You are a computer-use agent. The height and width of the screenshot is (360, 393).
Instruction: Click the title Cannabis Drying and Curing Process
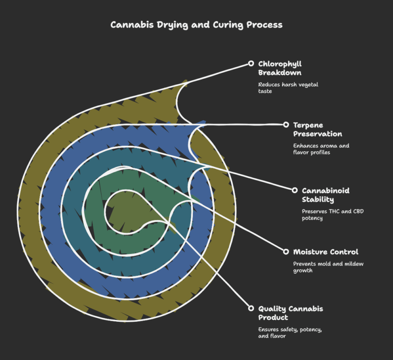(196, 25)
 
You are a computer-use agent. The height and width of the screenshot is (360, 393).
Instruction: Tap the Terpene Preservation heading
(317, 129)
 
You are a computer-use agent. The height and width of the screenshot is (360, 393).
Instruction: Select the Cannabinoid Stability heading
(326, 195)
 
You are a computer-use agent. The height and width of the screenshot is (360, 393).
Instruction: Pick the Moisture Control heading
(326, 252)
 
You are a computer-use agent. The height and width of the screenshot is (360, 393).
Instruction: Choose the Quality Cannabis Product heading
(290, 313)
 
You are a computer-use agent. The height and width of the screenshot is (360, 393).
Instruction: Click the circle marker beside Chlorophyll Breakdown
(251, 63)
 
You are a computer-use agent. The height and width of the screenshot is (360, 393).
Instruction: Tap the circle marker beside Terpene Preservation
(286, 125)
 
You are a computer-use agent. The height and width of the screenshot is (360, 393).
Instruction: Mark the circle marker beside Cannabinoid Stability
(295, 190)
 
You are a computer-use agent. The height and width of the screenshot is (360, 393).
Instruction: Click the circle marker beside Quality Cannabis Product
(251, 308)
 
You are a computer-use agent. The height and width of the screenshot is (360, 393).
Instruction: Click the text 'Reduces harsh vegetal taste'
(288, 88)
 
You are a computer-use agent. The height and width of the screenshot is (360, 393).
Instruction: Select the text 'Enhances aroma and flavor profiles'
(321, 149)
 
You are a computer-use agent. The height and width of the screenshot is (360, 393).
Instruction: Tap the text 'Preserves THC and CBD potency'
(332, 215)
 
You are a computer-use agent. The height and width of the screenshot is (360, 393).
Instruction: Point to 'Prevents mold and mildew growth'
(328, 267)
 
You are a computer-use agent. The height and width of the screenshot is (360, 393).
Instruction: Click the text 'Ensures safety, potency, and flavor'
(290, 333)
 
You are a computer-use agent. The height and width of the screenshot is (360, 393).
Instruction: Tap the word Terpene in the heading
(308, 125)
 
